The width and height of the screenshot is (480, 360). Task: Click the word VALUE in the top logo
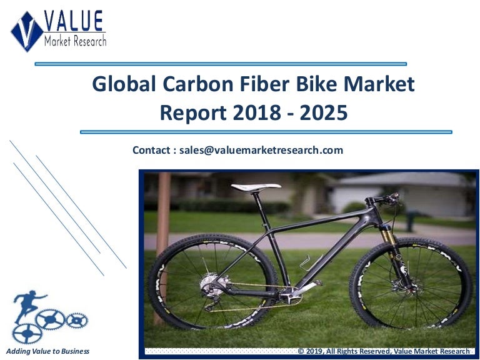(x=74, y=22)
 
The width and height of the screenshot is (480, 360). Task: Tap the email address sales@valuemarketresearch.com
(x=261, y=150)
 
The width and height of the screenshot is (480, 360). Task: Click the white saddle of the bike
(x=256, y=186)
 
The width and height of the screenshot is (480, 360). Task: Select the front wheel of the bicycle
(x=411, y=283)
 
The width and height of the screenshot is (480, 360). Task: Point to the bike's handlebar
(x=383, y=199)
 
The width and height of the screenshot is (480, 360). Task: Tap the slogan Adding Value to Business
(x=47, y=351)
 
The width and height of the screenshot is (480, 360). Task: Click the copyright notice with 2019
(x=383, y=351)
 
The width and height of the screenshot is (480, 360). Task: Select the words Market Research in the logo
(x=75, y=41)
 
